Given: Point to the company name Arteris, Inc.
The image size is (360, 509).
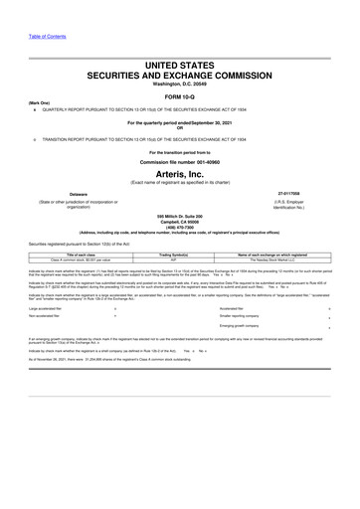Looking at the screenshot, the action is tap(179, 172).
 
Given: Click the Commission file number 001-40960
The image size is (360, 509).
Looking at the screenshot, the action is tap(179, 159).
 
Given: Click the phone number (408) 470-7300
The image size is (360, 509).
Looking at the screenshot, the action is tap(179, 226).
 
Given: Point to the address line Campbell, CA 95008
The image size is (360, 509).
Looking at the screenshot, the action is tap(179, 220).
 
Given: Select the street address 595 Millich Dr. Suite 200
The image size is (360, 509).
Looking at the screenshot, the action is tap(179, 214).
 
